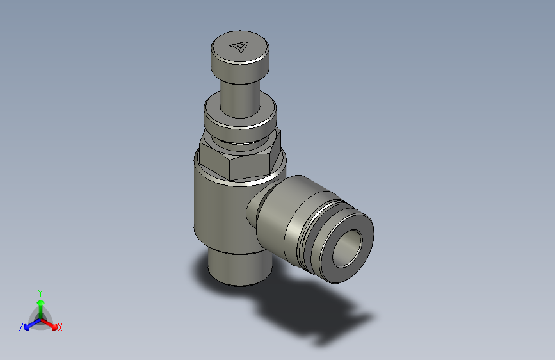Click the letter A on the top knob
(240, 46)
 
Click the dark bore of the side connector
(349, 247)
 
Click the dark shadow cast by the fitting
(314, 314)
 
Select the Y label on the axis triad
(40, 291)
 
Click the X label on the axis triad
(60, 327)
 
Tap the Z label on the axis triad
(20, 327)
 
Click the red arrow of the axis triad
(51, 323)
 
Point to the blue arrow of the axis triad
(29, 323)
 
